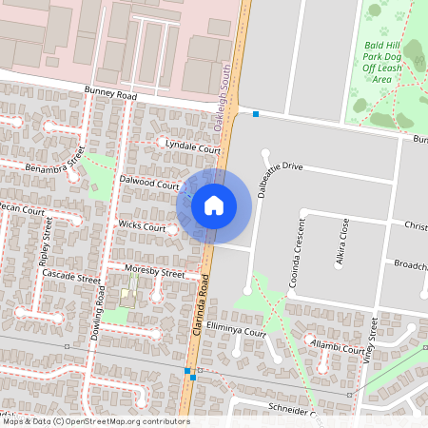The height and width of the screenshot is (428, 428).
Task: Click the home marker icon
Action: (x=214, y=204)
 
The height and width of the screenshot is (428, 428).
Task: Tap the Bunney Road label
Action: (x=110, y=96)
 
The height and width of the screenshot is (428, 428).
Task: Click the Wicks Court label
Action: (x=142, y=227)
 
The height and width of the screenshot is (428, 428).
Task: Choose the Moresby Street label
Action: (x=155, y=273)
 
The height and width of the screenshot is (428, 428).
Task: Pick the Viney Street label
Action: (x=374, y=341)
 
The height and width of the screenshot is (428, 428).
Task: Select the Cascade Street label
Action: (x=70, y=279)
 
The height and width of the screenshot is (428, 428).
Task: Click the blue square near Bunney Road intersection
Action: (x=256, y=115)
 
